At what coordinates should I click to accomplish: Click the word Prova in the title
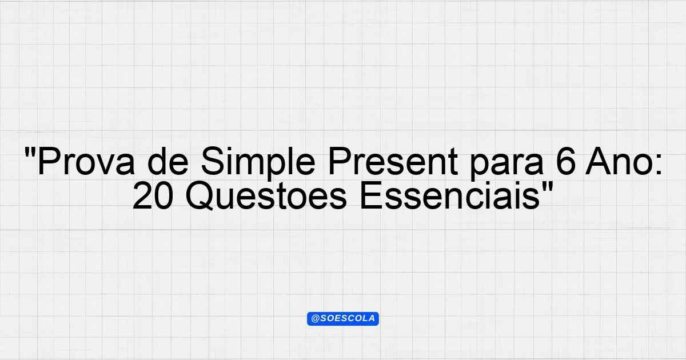[x=86, y=161]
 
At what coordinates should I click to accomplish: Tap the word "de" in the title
[x=168, y=161]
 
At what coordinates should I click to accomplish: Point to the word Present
[x=393, y=161]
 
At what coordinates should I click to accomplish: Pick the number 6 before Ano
[x=565, y=161]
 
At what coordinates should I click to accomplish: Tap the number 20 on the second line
[x=153, y=195]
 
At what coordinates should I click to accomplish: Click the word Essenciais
[x=450, y=195]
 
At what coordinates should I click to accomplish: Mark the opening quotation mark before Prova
[x=29, y=152]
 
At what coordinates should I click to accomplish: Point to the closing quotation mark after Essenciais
[x=547, y=186]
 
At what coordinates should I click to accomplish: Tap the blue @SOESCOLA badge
[x=343, y=319]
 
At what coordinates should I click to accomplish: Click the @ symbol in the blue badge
[x=315, y=319]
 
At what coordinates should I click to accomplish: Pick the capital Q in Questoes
[x=199, y=196]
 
